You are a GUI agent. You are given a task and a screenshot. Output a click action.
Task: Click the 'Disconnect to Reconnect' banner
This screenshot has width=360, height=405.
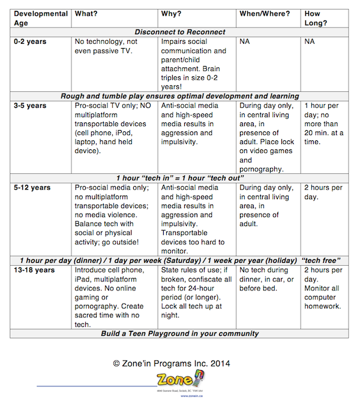[180, 32]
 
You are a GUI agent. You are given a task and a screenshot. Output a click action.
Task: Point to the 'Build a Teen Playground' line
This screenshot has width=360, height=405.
[180, 334]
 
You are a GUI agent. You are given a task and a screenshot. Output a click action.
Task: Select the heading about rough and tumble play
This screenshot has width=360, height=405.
[180, 96]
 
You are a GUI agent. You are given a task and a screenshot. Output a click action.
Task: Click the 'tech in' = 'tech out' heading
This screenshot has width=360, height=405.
[180, 178]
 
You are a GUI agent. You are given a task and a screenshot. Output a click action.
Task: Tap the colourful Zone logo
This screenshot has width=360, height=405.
[178, 380]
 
